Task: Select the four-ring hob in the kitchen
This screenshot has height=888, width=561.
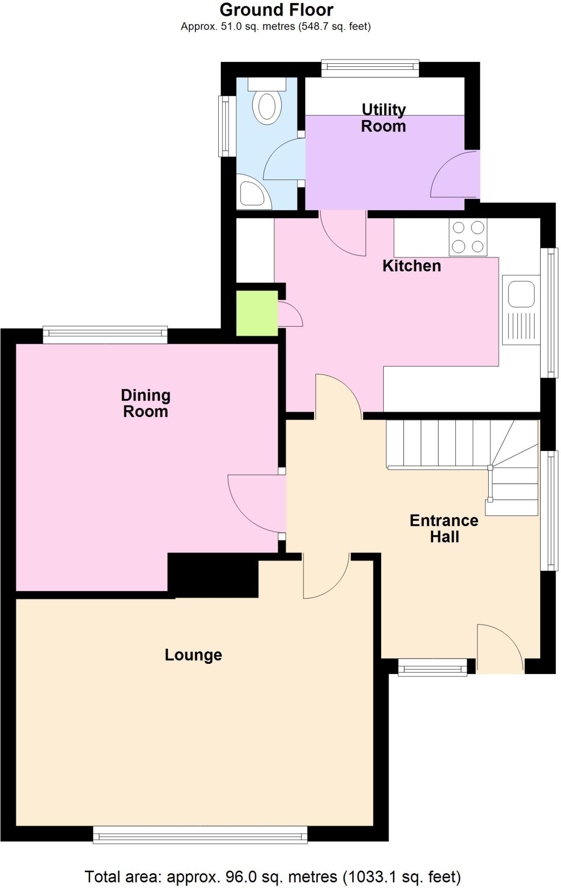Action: pos(468,237)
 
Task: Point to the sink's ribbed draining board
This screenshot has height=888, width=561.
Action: pos(521,326)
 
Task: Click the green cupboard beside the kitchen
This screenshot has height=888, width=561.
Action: pos(256,313)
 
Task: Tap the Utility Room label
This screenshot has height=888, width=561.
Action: pos(383,118)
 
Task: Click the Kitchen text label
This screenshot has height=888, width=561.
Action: pos(411,266)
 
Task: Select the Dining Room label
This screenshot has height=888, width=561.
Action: pos(146,403)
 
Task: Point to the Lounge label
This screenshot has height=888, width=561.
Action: pos(193,655)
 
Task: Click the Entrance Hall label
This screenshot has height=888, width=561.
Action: pos(444,529)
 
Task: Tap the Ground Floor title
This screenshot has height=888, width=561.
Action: pos(276,10)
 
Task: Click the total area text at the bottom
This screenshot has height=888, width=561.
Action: pos(272,876)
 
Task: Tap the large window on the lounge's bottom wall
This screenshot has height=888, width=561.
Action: pos(200,834)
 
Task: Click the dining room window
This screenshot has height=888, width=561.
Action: pos(105,334)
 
